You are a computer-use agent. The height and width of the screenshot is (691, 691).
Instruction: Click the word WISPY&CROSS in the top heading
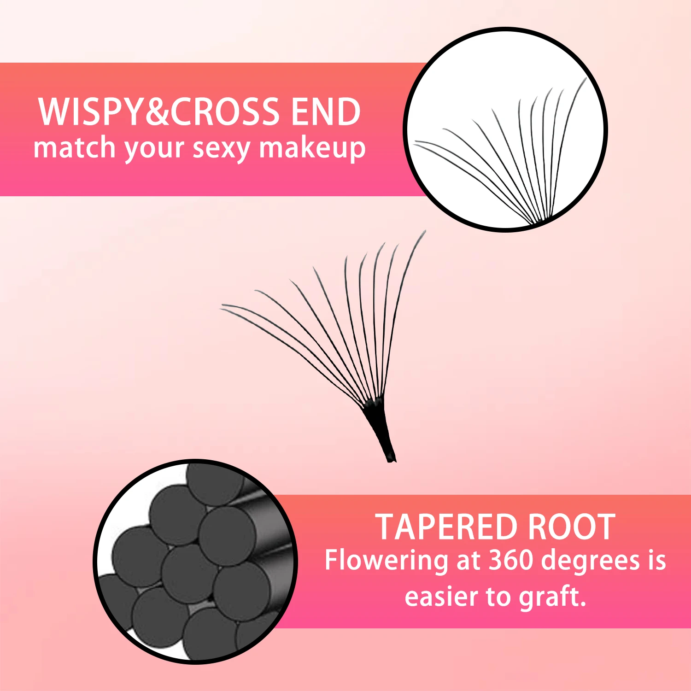pos(159,112)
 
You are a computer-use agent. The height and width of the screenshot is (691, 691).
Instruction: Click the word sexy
pos(221,149)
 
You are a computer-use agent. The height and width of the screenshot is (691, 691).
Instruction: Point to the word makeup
pos(312,149)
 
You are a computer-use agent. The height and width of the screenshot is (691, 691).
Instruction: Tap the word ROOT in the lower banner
pos(571,527)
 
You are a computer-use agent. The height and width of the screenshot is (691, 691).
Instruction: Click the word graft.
pos(552,597)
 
